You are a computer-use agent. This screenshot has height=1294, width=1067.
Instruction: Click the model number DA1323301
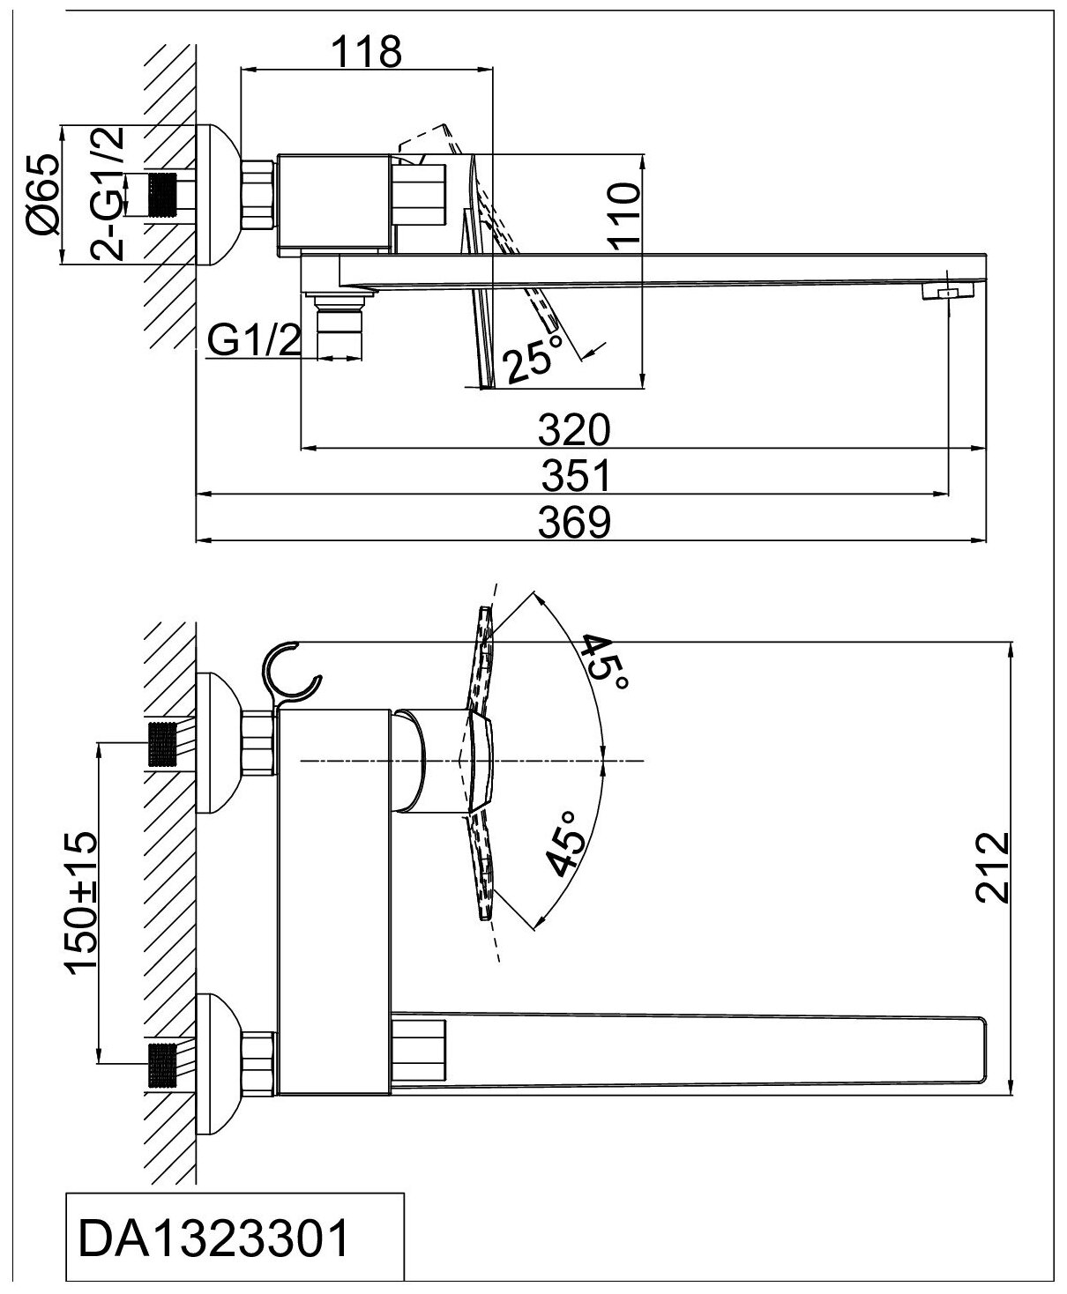214,1241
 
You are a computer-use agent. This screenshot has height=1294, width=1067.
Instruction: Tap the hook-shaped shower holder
292,674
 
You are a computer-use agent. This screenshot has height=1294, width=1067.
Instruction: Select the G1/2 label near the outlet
252,341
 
